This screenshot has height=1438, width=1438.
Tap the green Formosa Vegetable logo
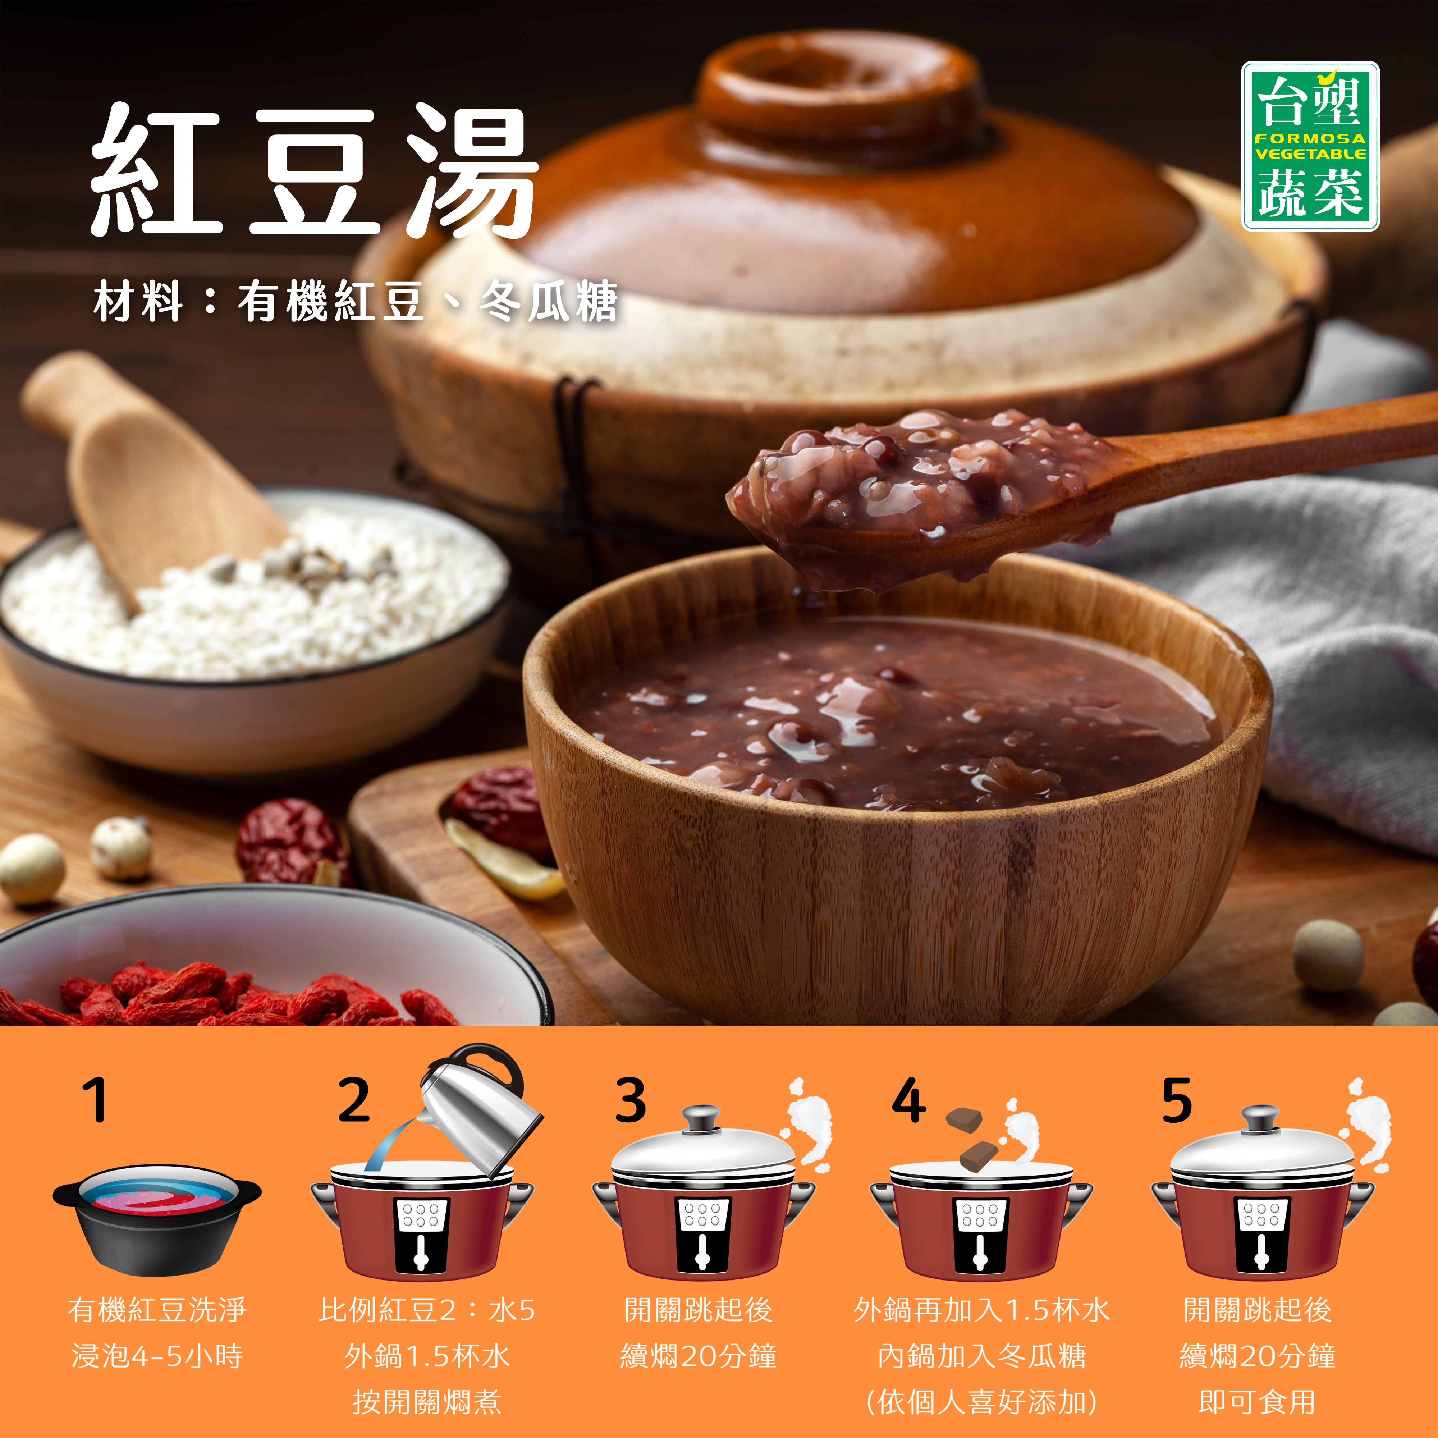pyautogui.click(x=1310, y=146)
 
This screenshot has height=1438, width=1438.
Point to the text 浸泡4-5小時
pyautogui.click(x=157, y=1356)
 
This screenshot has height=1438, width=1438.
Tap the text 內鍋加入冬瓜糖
pyautogui.click(x=982, y=1356)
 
